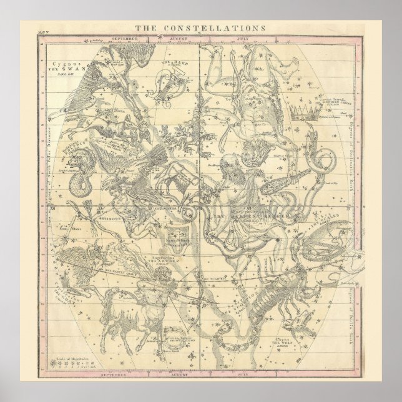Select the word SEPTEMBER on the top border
(x=124, y=39)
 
